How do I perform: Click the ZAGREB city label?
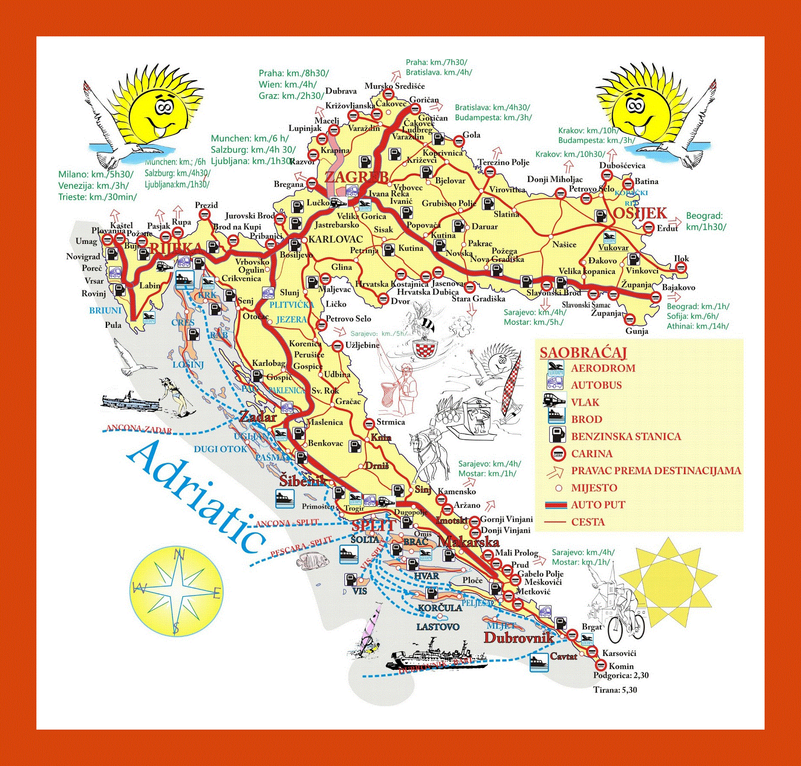click(357, 177)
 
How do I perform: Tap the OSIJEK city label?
click(640, 213)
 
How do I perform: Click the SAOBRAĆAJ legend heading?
click(583, 353)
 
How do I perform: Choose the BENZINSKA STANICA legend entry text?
click(626, 436)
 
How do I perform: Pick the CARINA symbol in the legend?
click(558, 453)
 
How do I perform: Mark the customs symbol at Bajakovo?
click(655, 297)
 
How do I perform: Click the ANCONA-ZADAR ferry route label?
click(139, 429)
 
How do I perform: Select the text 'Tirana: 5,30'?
click(615, 690)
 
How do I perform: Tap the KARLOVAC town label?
click(335, 239)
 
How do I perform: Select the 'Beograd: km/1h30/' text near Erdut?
click(705, 221)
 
